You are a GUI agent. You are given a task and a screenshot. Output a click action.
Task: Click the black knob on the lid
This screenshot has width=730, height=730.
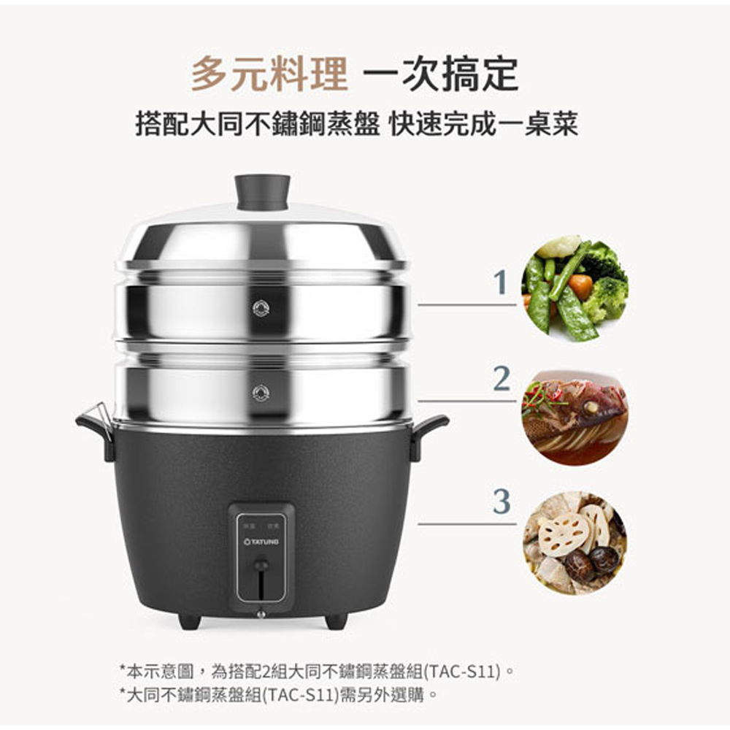pyautogui.click(x=262, y=192)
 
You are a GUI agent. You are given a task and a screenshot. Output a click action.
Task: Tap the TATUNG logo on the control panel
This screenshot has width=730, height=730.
pyautogui.click(x=261, y=542)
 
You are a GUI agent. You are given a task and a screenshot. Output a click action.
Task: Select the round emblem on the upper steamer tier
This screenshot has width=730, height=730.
pyautogui.click(x=261, y=308)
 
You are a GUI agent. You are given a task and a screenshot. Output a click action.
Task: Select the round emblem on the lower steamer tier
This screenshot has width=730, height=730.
pyautogui.click(x=261, y=393)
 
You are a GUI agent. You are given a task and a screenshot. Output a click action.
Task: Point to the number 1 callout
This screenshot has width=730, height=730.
pyautogui.click(x=501, y=282)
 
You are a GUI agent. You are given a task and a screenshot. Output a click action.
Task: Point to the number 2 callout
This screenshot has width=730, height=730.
pyautogui.click(x=502, y=378)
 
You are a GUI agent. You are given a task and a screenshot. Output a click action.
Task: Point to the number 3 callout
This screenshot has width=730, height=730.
pyautogui.click(x=502, y=502)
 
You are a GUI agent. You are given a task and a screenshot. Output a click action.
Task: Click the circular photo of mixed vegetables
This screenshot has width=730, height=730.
pyautogui.click(x=575, y=288)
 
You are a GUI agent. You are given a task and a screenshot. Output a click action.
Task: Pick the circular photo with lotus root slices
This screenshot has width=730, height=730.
pyautogui.click(x=575, y=543)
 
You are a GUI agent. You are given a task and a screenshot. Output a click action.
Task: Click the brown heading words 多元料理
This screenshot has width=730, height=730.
pyautogui.click(x=269, y=74)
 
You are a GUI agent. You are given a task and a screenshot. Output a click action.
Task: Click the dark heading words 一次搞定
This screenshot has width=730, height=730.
pyautogui.click(x=440, y=74)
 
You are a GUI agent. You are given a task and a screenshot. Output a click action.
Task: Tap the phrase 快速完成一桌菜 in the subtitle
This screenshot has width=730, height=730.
pyautogui.click(x=484, y=123)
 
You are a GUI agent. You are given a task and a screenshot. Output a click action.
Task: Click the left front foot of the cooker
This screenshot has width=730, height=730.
pyautogui.click(x=190, y=621)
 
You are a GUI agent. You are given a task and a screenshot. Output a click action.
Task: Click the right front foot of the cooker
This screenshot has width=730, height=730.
pyautogui.click(x=336, y=621)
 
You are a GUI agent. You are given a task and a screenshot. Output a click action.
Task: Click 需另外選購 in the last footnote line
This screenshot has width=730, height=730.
pyautogui.click(x=383, y=695)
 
